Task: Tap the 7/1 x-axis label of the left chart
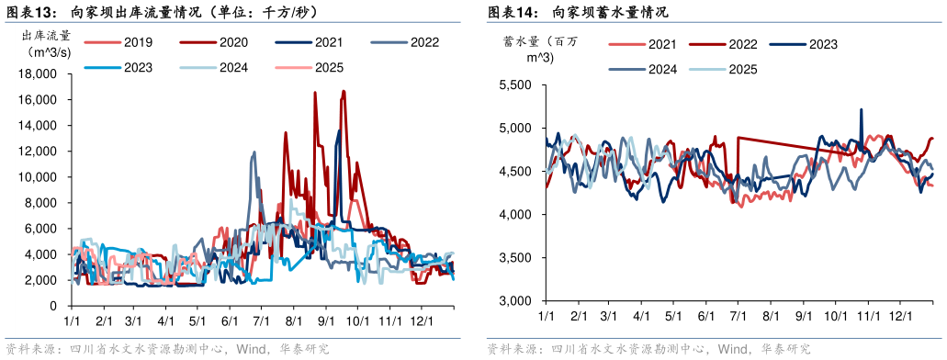click(260, 321)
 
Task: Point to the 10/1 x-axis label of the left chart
click(357, 321)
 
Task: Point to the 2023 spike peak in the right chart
click(861, 109)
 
